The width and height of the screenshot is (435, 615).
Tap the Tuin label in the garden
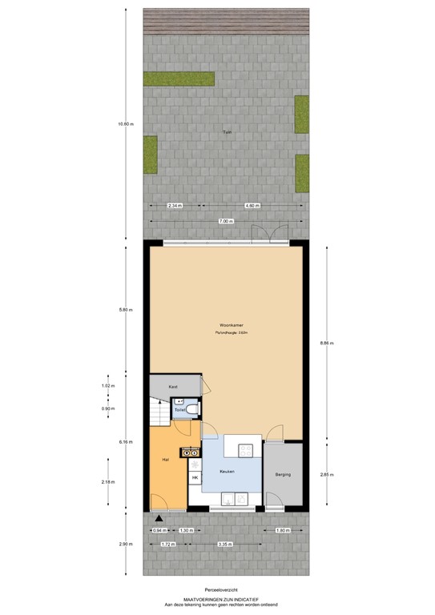coord(227,133)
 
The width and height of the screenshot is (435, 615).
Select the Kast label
coord(172,387)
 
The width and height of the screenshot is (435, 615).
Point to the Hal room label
coord(165,461)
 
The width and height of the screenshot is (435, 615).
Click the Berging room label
coord(282,474)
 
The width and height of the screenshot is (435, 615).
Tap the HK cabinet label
coord(194,478)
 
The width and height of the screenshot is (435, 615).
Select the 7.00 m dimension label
coord(226,220)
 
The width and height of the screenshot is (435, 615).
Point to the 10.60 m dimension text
coord(125,124)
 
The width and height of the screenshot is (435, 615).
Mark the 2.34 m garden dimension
coord(175,206)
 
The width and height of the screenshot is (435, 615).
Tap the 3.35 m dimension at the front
coord(227,545)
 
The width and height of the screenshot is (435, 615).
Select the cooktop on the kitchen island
coord(193,452)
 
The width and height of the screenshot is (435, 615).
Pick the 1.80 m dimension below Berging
coord(283,531)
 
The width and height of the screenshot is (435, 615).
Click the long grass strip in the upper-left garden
coord(179,79)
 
